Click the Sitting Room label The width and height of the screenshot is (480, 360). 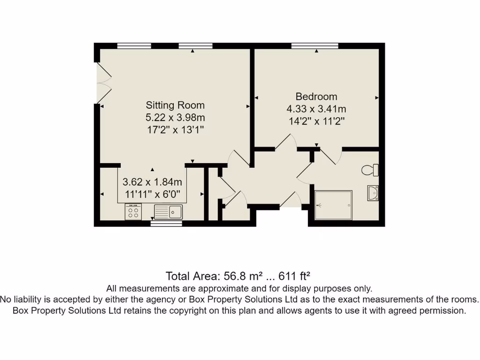pos(175,105)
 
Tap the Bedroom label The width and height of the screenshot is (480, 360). pos(316,97)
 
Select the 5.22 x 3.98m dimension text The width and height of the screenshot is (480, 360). pos(175,117)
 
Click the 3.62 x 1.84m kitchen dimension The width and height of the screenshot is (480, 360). pos(152,182)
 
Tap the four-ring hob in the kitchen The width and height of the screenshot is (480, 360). pos(133,212)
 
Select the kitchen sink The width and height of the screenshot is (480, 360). pos(168,212)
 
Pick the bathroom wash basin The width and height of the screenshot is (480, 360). pos(373,193)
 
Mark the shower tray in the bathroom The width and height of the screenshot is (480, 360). pos(333,205)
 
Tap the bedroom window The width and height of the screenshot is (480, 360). pos(315,45)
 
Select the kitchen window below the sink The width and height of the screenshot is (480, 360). pos(166,224)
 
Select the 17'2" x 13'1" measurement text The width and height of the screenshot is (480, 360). pos(175,129)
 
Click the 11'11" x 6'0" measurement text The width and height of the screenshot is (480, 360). pos(152,194)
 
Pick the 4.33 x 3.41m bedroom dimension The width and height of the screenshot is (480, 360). pos(316,109)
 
